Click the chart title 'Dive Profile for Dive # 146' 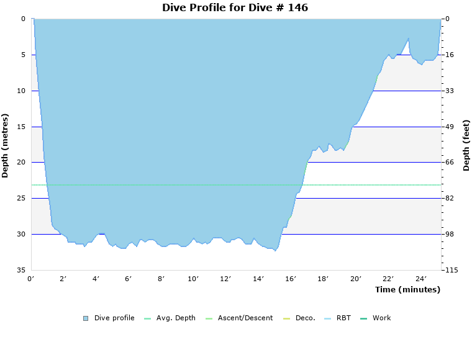pos(235,8)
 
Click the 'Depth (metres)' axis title pos(6,145)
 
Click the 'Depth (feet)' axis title pos(466,145)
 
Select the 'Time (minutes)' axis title pos(407,289)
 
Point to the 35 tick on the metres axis pos(21,270)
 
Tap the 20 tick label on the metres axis pos(21,162)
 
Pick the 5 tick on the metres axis pos(23,55)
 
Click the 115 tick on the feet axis pos(450,270)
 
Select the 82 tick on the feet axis pos(450,198)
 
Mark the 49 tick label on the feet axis pos(450,127)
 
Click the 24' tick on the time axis pos(420,279)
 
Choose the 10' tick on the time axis pos(193,279)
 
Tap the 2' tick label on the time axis pos(63,279)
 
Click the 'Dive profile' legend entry pos(114,318)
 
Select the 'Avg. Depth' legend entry pos(176,318)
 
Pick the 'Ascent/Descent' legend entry pos(245,318)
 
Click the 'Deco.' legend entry pos(305,318)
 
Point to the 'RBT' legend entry pos(343,318)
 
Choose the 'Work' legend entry pos(381,318)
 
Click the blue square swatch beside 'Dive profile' pos(86,318)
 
